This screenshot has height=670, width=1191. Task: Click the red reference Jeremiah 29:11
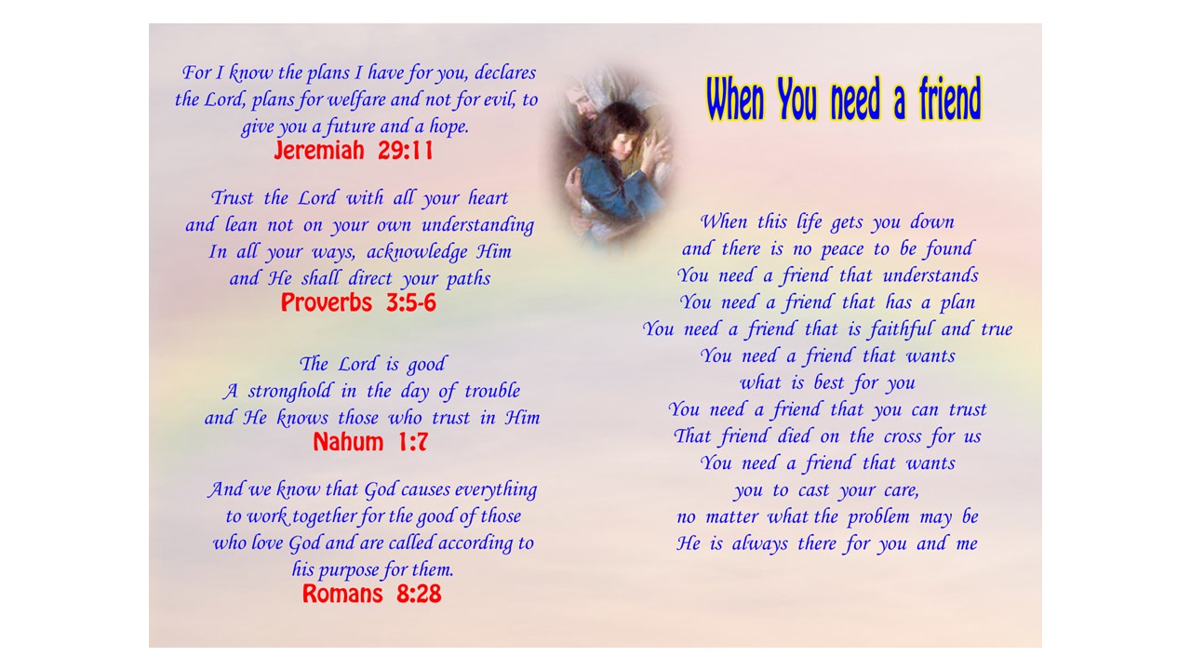[x=354, y=151]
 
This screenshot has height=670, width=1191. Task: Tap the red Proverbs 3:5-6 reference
[x=358, y=302]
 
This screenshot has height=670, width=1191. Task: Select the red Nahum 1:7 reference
[x=370, y=442]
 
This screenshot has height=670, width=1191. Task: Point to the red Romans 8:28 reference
[x=371, y=594]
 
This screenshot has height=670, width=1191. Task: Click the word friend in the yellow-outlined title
[x=950, y=99]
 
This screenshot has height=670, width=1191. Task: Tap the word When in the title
[x=735, y=99]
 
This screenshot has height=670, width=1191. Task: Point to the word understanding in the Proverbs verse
[x=477, y=225]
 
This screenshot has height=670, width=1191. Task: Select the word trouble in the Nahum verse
[x=492, y=391]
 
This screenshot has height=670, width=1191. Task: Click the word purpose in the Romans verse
[x=346, y=570]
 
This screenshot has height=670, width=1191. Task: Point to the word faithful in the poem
[x=901, y=328]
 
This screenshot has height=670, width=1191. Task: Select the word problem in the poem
[x=877, y=516]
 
